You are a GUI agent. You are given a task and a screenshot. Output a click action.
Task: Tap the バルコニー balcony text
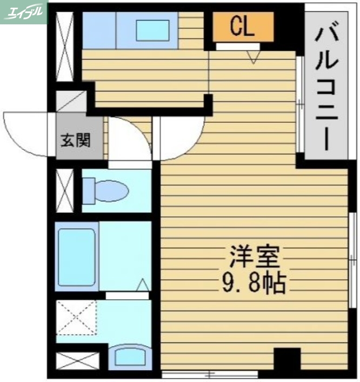[326, 87]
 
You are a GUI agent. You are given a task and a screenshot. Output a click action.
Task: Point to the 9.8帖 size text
[254, 282]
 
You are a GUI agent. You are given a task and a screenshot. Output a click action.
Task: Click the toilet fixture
[106, 191]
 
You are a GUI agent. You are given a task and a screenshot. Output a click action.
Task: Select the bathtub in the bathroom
[76, 255]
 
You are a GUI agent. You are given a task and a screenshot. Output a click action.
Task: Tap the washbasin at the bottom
[130, 357]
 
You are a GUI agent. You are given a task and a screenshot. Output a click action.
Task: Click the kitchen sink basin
[152, 29]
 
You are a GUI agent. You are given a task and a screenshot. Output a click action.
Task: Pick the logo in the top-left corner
[24, 12]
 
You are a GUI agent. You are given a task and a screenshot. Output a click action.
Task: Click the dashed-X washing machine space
[76, 318]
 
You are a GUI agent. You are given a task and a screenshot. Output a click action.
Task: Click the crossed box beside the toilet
[65, 191]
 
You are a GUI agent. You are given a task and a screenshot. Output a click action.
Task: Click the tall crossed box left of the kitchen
[65, 45]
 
